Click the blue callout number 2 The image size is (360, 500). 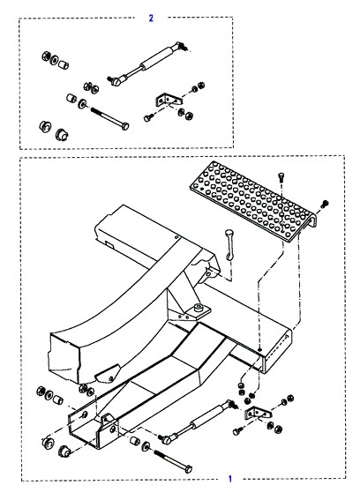pyautogui.click(x=151, y=18)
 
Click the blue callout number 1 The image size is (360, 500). pyautogui.click(x=230, y=479)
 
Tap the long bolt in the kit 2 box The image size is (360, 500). pyautogui.click(x=109, y=118)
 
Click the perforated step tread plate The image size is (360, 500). pyautogui.click(x=254, y=202)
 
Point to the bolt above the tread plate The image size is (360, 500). pyautogui.click(x=281, y=176)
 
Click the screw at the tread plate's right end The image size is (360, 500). pyautogui.click(x=325, y=204)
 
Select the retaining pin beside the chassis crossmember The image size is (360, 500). pyautogui.click(x=229, y=244)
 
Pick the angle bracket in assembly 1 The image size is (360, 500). pyautogui.click(x=258, y=414)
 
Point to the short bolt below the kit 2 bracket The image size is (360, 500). pyautogui.click(x=147, y=118)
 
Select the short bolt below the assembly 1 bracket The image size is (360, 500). pyautogui.click(x=236, y=432)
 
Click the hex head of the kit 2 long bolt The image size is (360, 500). pyautogui.click(x=125, y=126)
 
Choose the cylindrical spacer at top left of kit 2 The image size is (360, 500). pyautogui.click(x=64, y=63)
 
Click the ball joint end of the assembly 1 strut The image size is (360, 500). pyautogui.click(x=167, y=439)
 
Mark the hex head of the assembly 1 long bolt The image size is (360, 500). pyautogui.click(x=188, y=469)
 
